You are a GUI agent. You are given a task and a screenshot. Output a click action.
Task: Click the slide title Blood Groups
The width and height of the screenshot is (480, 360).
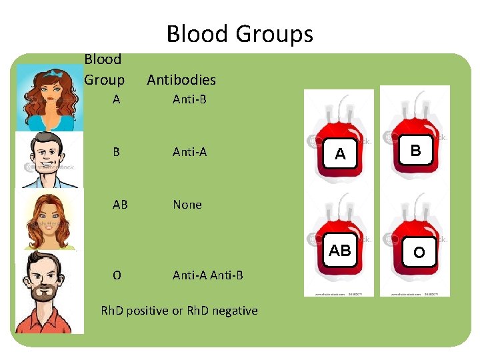[239, 33]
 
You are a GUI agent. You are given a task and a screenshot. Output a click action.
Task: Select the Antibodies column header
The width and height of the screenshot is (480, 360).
[181, 80]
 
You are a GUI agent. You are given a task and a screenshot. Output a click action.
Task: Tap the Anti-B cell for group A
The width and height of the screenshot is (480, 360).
[189, 100]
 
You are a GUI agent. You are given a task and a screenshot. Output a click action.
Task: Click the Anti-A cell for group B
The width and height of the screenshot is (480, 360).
[189, 152]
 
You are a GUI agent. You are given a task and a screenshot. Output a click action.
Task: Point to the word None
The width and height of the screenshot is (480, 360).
[187, 205]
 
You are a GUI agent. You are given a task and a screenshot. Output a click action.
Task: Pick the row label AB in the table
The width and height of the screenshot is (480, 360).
[120, 205]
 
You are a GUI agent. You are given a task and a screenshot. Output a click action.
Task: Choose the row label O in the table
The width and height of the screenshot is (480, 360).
[117, 275]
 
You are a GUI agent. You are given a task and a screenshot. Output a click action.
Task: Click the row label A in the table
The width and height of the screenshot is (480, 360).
[117, 100]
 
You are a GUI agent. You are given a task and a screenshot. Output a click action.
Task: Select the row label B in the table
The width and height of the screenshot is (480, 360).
[117, 152]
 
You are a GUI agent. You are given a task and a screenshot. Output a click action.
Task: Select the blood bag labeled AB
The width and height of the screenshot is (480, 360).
[339, 243]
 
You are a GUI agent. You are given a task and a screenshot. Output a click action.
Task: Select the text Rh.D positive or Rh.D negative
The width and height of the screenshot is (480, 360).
[179, 311]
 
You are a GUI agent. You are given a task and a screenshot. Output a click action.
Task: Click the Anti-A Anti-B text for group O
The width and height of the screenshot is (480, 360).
[207, 275]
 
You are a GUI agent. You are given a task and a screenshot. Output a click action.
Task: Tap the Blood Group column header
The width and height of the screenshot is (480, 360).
[104, 69]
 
